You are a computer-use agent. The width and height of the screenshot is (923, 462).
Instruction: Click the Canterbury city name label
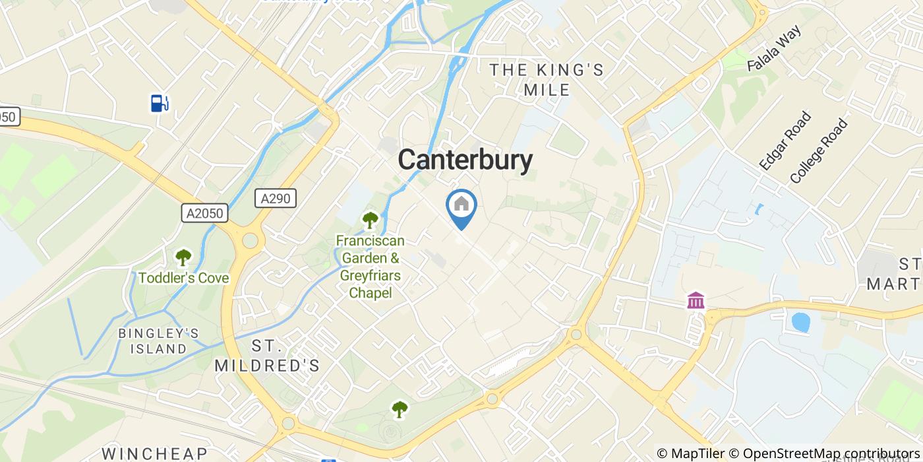[465, 160]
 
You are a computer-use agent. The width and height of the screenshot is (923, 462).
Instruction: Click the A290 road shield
[276, 198]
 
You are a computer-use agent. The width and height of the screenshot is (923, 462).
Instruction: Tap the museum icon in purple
[696, 300]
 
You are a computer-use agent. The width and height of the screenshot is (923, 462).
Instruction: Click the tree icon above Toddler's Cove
[183, 257]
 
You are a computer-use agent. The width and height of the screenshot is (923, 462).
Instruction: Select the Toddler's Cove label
[183, 278]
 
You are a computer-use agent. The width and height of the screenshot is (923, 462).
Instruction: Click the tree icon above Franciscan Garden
[370, 220]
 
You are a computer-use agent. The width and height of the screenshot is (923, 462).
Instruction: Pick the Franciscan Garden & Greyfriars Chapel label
[370, 267]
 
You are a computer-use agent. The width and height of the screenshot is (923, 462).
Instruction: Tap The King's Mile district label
[547, 80]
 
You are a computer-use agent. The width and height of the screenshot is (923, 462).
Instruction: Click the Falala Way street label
[774, 49]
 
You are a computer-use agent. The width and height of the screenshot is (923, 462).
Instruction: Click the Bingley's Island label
[158, 341]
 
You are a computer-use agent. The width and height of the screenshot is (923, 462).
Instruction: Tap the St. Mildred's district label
[267, 356]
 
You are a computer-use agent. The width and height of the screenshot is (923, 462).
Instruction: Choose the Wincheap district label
[155, 453]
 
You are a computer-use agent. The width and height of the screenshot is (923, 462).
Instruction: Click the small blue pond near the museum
[800, 322]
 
